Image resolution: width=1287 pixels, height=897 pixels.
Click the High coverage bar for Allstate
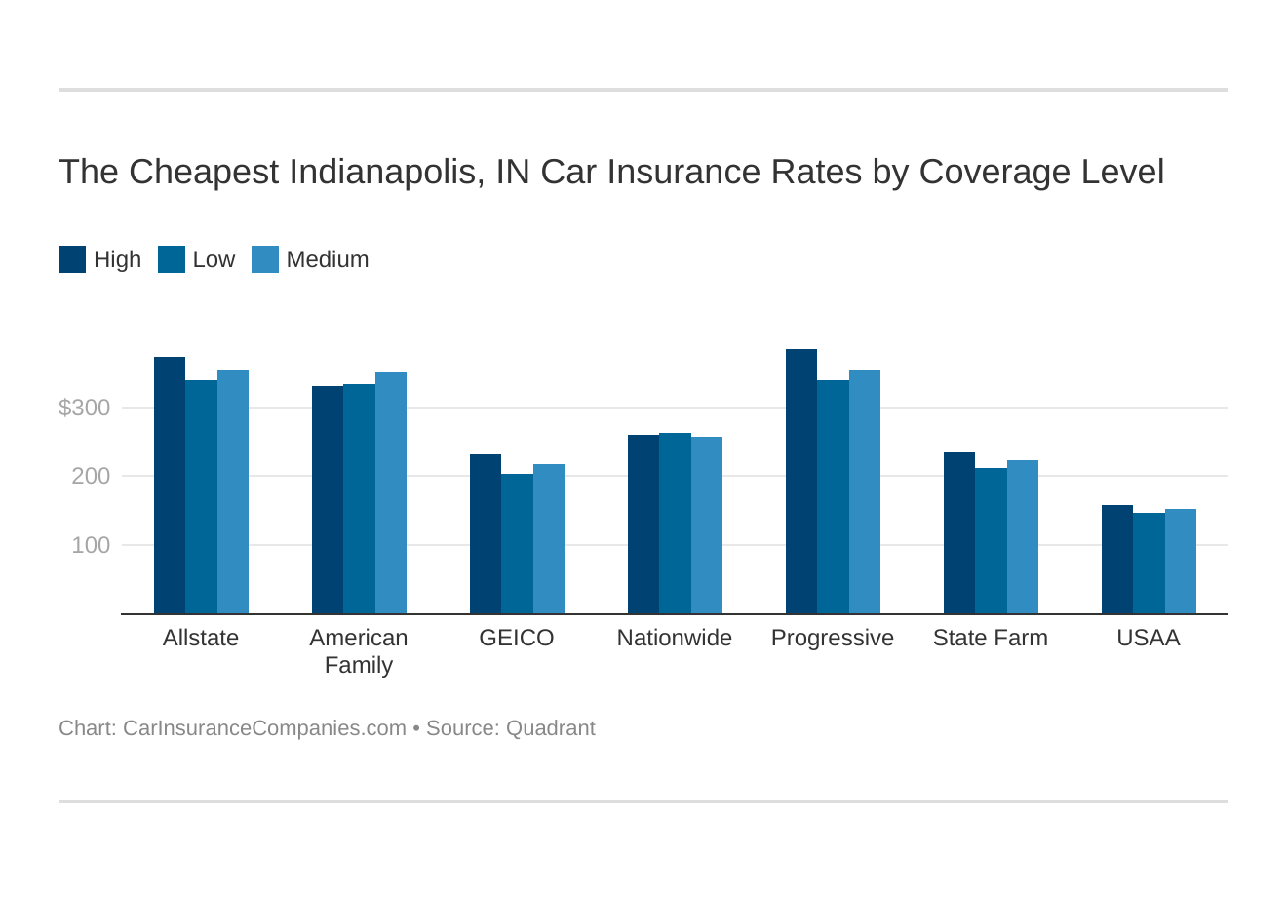tap(170, 486)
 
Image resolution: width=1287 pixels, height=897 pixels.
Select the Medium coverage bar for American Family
tap(391, 493)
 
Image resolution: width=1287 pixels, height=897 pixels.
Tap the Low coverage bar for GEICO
tap(517, 544)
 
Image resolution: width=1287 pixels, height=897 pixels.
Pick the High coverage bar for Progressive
tap(801, 482)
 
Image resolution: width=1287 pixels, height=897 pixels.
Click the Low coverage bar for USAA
tap(1149, 564)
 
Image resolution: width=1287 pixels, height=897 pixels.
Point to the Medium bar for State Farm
tap(1023, 537)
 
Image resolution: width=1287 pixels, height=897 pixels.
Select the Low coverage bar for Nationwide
tap(675, 524)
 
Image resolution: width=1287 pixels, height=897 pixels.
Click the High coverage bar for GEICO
tap(486, 534)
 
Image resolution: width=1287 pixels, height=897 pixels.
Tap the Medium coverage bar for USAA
tap(1181, 562)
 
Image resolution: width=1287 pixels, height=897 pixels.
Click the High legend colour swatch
tap(72, 259)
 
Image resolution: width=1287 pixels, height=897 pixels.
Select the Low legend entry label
tap(214, 259)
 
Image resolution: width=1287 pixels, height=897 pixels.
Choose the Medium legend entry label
tap(328, 259)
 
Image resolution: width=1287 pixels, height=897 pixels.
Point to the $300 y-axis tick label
tap(85, 408)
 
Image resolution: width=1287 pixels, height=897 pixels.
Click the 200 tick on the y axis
tap(91, 477)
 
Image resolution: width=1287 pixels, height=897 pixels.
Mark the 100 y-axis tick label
tap(91, 545)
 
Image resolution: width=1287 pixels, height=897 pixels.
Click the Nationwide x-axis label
tap(675, 638)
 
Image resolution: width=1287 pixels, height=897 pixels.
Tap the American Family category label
tap(359, 651)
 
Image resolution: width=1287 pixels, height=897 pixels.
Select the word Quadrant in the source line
tap(550, 728)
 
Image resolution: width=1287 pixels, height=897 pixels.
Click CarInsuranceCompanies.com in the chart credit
tap(264, 728)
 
